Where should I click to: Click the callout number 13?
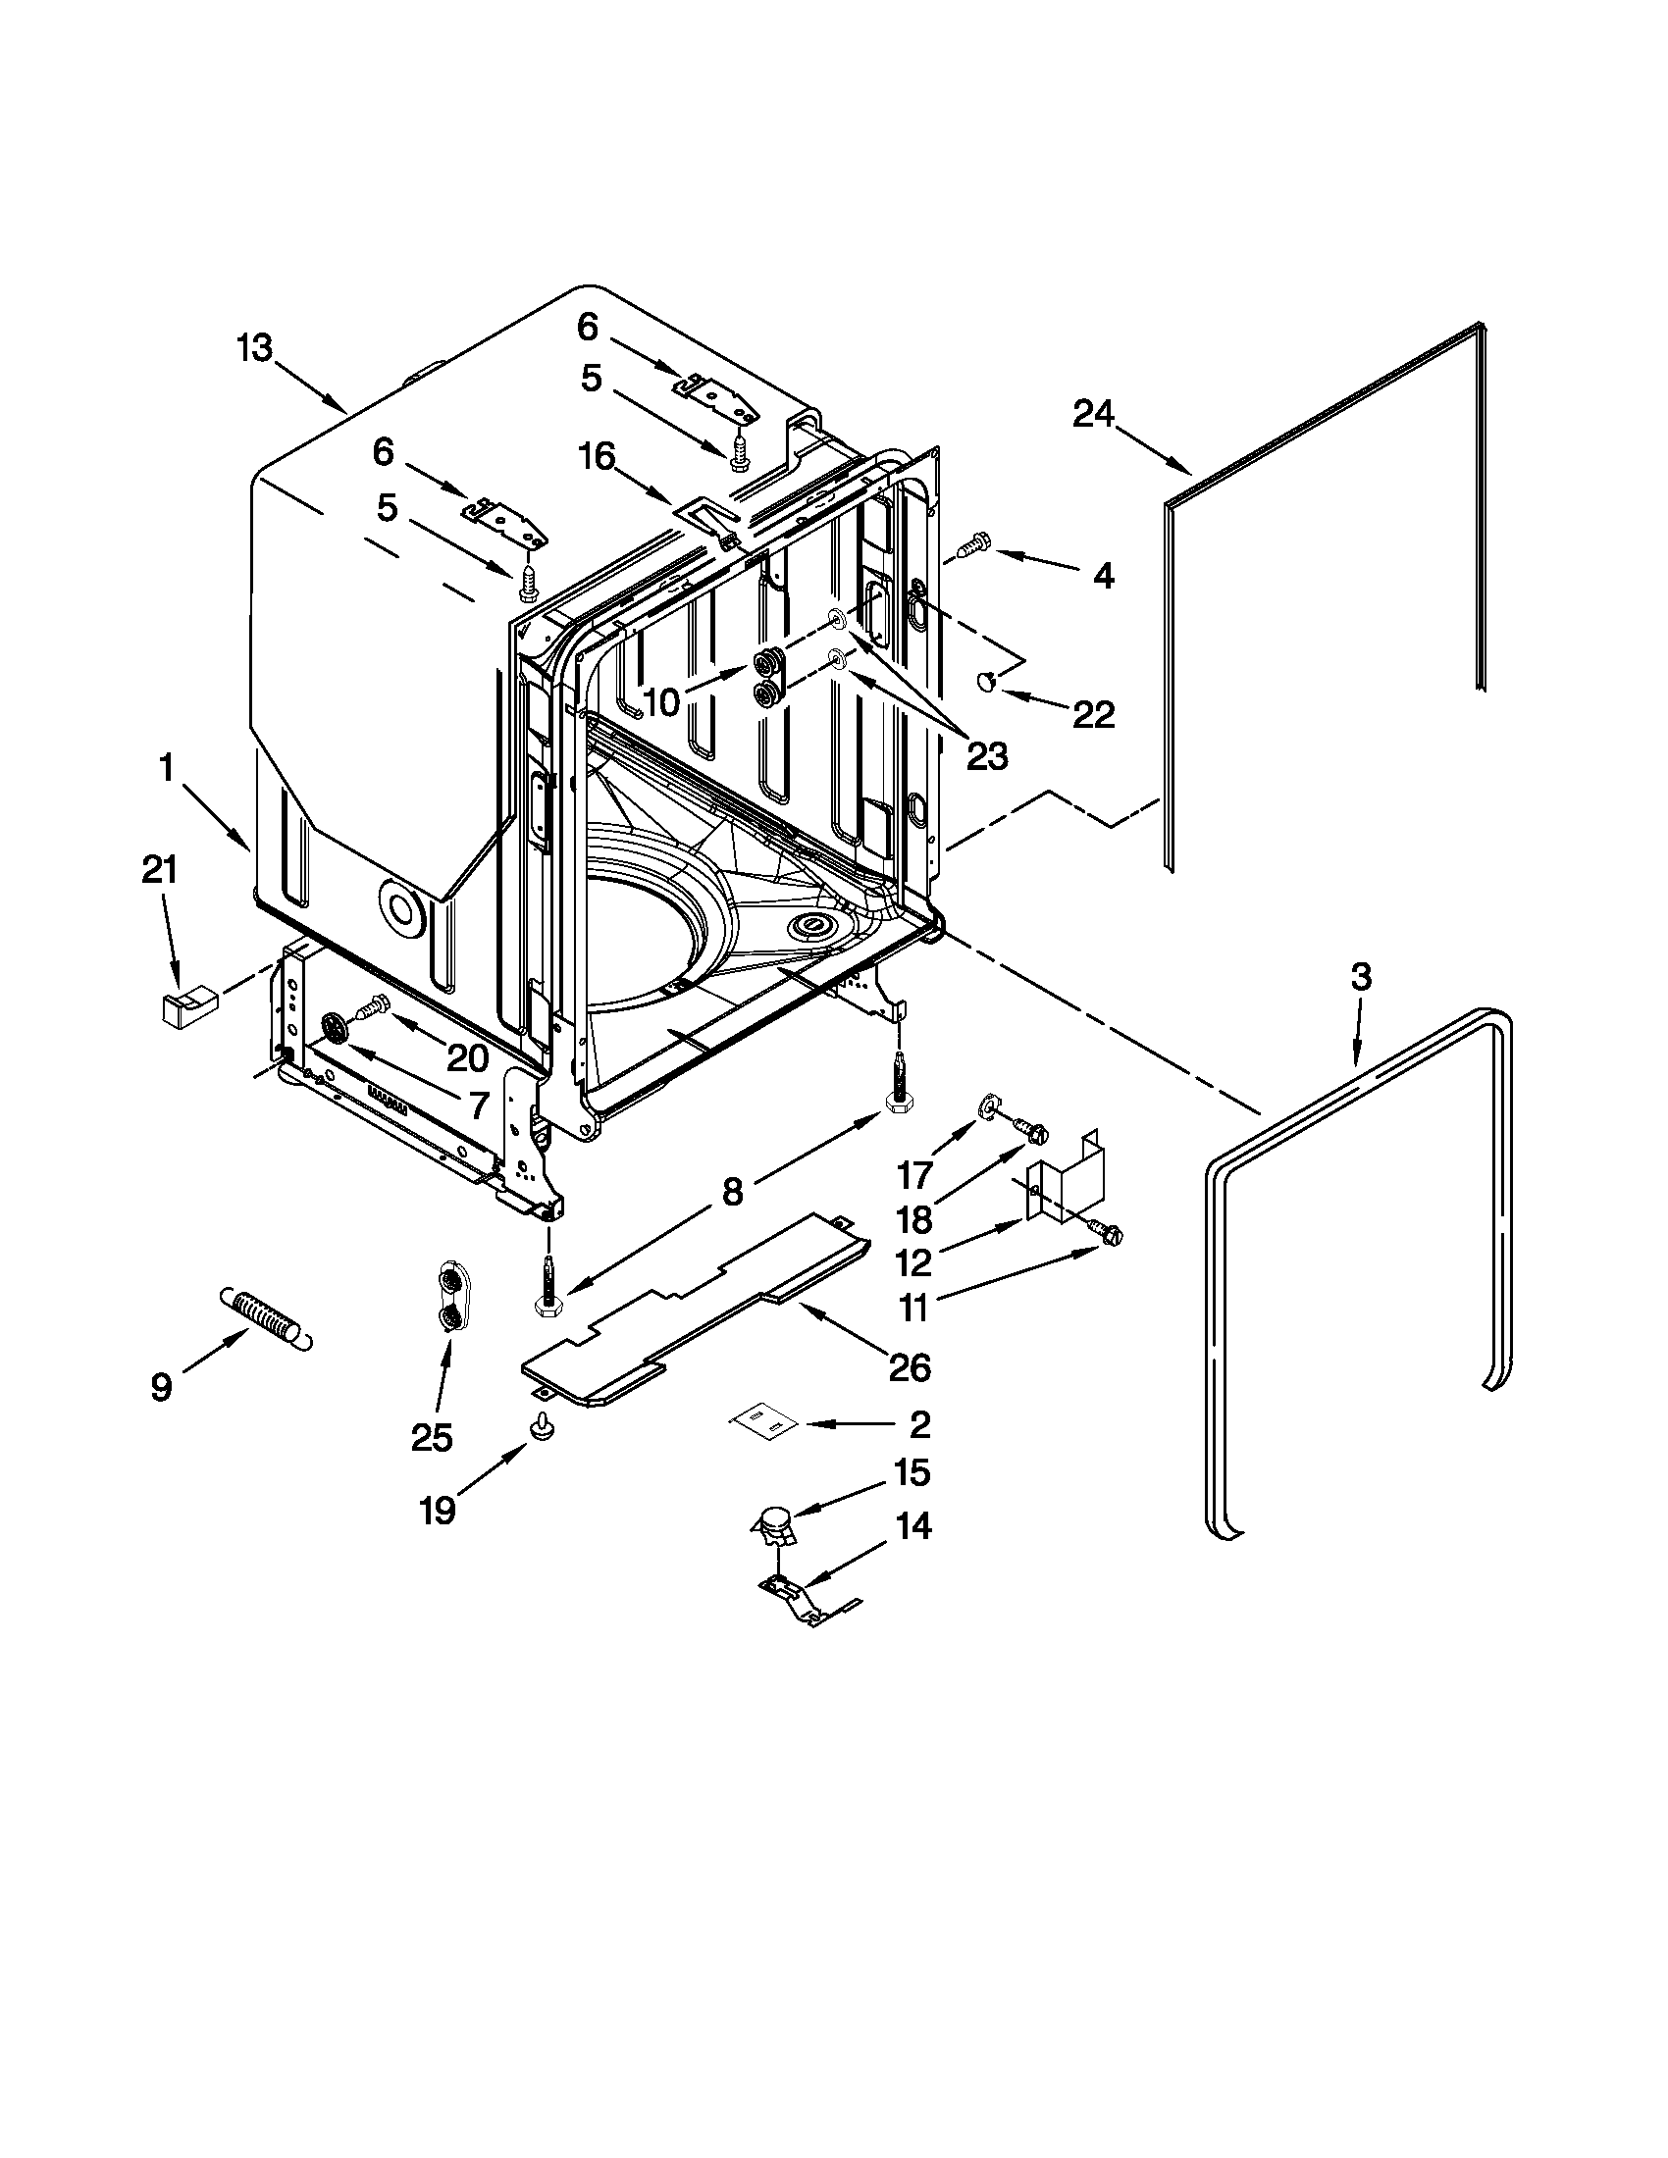point(254,349)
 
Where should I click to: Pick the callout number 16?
point(596,456)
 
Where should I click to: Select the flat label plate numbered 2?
point(762,1422)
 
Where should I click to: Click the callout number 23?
point(986,756)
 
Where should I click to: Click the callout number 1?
point(166,768)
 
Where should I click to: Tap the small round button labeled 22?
point(985,680)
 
